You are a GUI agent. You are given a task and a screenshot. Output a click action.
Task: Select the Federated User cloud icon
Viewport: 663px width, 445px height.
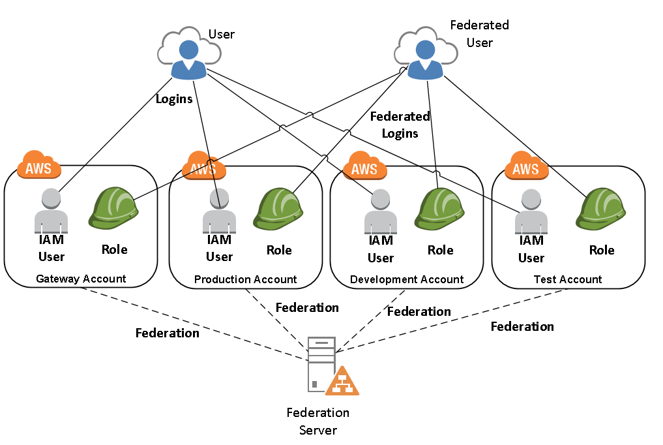tap(424, 55)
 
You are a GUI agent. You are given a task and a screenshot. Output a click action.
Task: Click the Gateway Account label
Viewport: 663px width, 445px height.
tap(81, 279)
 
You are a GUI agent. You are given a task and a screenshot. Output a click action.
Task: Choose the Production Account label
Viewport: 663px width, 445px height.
tap(245, 279)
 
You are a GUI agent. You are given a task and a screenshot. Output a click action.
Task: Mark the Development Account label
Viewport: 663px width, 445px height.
tap(407, 279)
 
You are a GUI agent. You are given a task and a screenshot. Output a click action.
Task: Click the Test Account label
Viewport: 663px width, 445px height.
tap(568, 279)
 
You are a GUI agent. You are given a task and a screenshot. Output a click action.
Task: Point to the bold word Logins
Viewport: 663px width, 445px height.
tap(174, 99)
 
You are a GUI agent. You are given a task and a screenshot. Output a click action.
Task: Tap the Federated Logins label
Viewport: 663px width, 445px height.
tap(400, 125)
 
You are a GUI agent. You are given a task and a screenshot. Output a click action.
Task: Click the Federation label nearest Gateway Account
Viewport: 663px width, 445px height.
tap(167, 333)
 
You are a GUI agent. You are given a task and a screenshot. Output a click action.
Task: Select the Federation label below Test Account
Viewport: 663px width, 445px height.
tap(522, 326)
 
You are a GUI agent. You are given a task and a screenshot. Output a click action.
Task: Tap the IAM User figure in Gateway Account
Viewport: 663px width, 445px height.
tap(52, 211)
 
